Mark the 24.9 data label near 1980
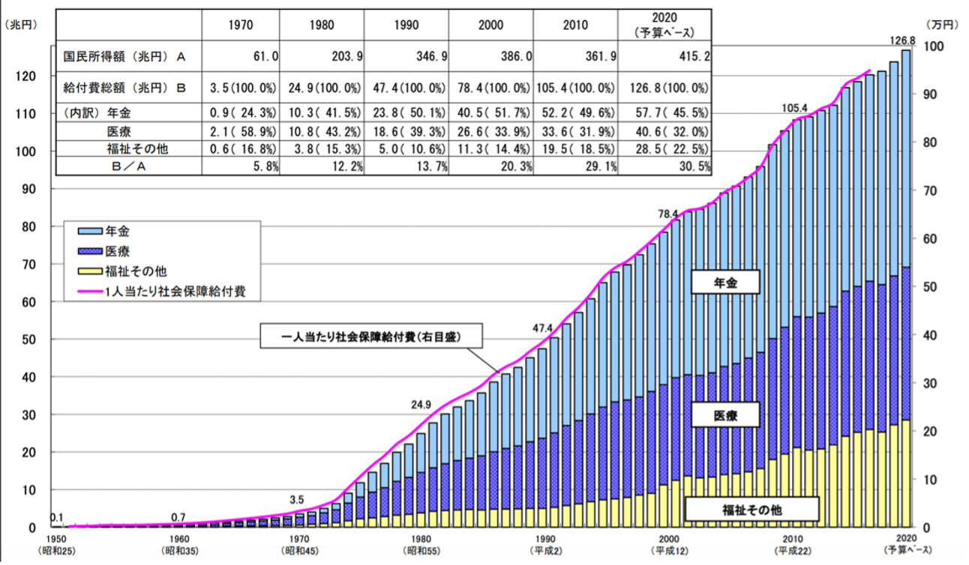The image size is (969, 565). coord(421,405)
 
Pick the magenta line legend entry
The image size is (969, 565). coord(168,290)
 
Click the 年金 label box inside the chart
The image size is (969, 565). coord(725,282)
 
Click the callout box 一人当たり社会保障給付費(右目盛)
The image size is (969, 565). coord(371,337)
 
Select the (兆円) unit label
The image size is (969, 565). coord(20,25)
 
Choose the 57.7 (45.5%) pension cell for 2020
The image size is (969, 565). coord(664,112)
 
